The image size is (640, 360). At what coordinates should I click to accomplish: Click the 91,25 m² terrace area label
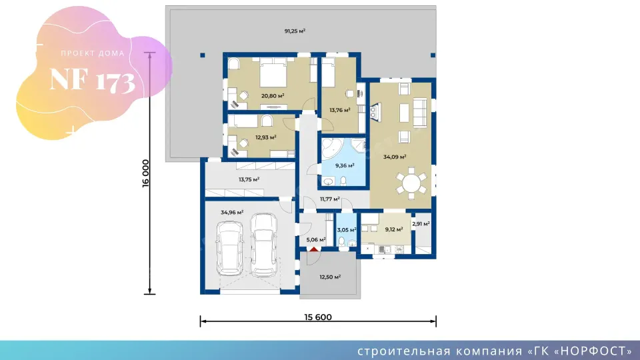point(295,31)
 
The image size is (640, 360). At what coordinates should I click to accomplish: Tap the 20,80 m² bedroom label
point(273,96)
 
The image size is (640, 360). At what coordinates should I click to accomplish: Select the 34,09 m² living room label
point(395,157)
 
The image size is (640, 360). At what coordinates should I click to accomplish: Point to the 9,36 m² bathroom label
point(345,165)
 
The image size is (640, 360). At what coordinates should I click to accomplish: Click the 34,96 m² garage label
point(232,212)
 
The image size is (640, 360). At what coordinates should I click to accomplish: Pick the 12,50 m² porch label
point(330,277)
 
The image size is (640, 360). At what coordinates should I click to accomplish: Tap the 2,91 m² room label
point(421,224)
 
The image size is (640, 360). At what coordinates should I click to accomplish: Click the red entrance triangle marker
point(313,249)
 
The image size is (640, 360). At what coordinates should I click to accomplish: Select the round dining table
point(411,183)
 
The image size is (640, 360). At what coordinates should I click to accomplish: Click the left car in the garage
point(230,249)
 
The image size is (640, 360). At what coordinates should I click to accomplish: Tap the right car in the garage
point(264,245)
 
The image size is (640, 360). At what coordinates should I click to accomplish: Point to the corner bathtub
point(331,148)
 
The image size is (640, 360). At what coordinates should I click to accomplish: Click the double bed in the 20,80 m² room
point(273,73)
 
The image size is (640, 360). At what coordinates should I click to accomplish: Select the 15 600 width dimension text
point(318,317)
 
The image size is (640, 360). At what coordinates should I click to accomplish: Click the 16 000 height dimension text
point(146,173)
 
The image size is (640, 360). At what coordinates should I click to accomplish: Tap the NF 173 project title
point(92,79)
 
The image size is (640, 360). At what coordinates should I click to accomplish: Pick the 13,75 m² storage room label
point(249,179)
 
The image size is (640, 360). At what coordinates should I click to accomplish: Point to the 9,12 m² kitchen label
point(394,229)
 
